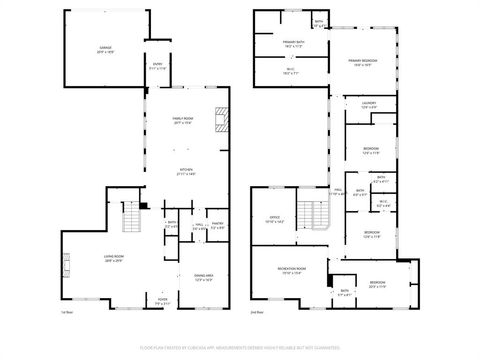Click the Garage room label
point(105,47)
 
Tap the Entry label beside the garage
point(157,67)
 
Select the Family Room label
point(183,120)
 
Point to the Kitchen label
point(186,171)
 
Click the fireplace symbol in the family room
point(226,119)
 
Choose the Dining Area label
point(204,278)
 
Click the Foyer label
point(163,300)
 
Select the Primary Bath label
point(292,42)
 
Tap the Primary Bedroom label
point(362,63)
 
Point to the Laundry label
point(368,104)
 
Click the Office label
point(274,219)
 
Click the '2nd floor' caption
point(258,312)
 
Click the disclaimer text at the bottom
point(240,347)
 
